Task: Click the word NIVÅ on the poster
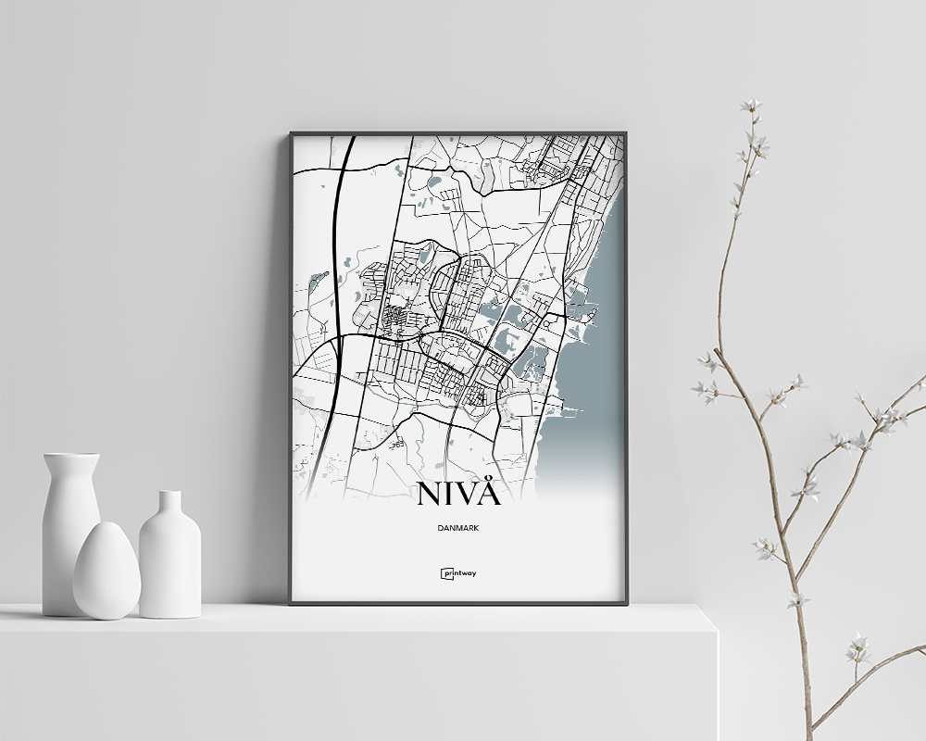pos(458,494)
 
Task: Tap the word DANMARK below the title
pos(458,528)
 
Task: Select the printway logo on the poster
pos(458,573)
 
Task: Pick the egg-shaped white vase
pos(106,571)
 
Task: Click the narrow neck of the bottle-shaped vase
pos(169,506)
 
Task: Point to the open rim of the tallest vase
pos(71,456)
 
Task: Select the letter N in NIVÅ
pos(432,494)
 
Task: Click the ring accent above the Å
pos(490,476)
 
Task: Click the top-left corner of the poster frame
pos(291,133)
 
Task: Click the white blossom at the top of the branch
pos(750,106)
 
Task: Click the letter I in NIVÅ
pos(450,494)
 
